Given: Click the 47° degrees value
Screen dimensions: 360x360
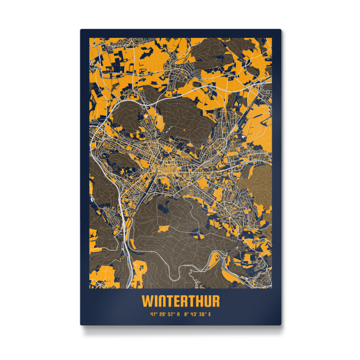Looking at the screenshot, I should tap(153, 313).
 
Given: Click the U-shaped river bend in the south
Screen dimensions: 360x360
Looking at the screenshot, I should tap(175, 275).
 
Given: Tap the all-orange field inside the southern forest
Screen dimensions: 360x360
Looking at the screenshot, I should tap(163, 229).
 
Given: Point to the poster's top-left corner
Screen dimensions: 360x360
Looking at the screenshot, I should tap(81, 29).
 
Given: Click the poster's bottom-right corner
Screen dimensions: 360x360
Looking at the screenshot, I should tap(280, 324).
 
